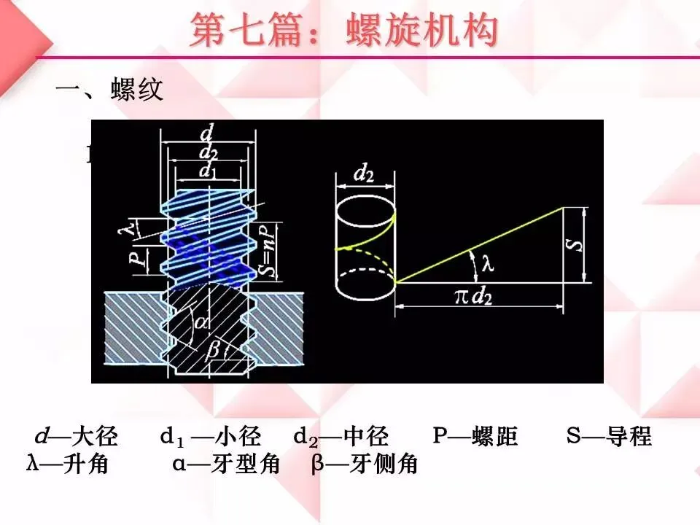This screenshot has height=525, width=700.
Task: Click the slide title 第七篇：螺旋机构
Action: pos(344,31)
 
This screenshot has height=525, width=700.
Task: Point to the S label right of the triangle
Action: pos(575,244)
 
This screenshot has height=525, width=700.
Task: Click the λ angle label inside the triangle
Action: pos(486,265)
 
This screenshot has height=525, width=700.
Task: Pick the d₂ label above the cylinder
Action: pos(365,174)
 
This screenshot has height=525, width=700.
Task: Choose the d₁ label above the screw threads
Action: pos(209,171)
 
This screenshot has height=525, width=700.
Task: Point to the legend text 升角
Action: pos(85,464)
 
